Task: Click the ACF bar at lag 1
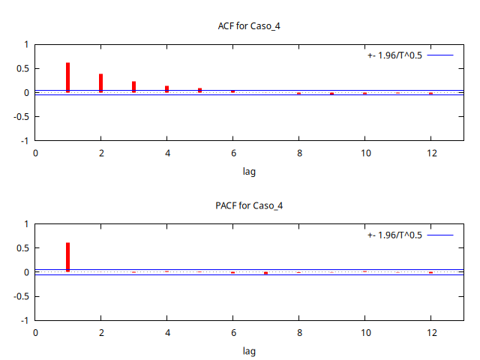click(68, 77)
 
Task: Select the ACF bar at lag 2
click(101, 83)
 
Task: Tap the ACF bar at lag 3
click(134, 87)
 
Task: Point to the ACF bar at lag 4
click(167, 89)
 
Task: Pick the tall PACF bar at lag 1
click(68, 257)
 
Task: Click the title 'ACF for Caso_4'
click(249, 26)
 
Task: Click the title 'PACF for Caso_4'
click(249, 205)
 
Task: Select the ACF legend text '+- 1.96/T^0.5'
click(395, 55)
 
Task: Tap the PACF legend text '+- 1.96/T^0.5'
click(395, 235)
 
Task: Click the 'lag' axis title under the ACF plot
click(249, 172)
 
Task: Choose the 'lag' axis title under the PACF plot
click(249, 351)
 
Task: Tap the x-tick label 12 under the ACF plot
click(430, 153)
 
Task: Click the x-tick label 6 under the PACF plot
click(232, 332)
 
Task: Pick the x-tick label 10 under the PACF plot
click(364, 332)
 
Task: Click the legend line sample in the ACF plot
click(441, 55)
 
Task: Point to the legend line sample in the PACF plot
click(441, 235)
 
